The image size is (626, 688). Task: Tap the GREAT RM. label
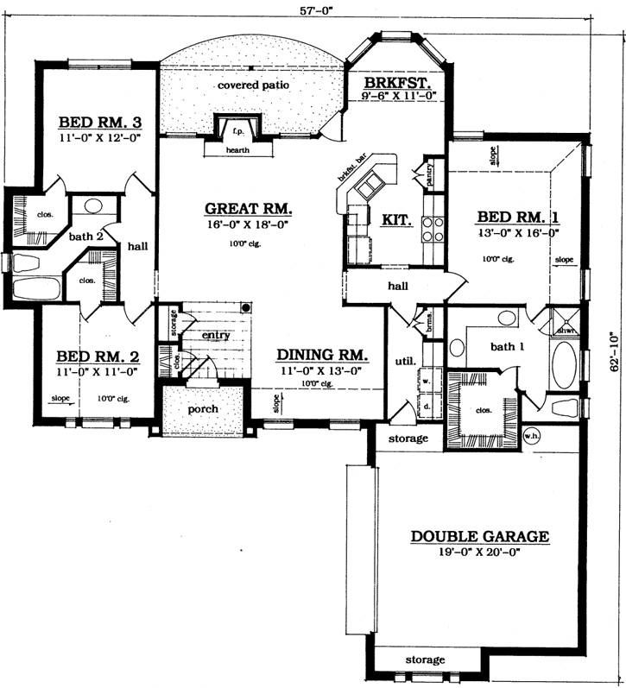pos(249,209)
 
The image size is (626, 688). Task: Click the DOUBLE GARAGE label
pos(479,536)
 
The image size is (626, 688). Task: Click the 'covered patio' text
pos(253,85)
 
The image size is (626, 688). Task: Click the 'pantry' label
pos(428,170)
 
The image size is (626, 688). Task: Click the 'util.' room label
pos(405,360)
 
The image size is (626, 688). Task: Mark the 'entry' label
pos(215,335)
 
